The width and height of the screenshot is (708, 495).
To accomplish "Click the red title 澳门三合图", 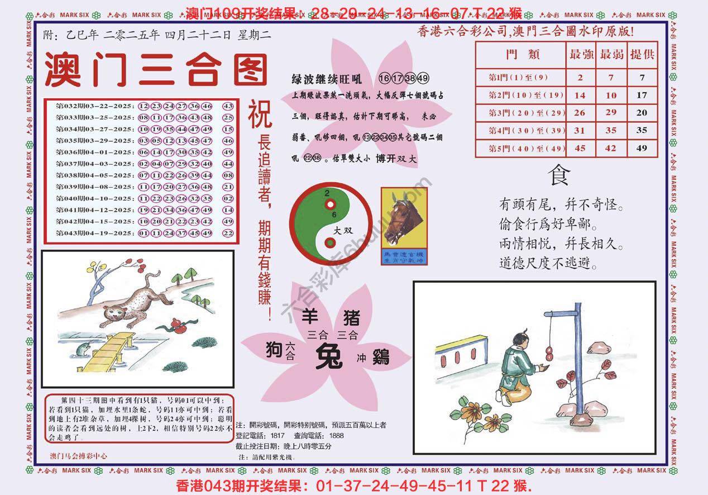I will (155, 70).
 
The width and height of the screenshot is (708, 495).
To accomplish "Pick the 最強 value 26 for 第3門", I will (580, 112).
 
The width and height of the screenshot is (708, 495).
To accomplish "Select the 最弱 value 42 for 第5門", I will (611, 148).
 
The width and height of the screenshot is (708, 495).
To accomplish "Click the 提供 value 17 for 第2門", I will (642, 95).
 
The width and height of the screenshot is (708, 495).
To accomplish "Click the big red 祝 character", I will (260, 114).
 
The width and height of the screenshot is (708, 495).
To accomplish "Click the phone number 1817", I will (278, 435).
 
